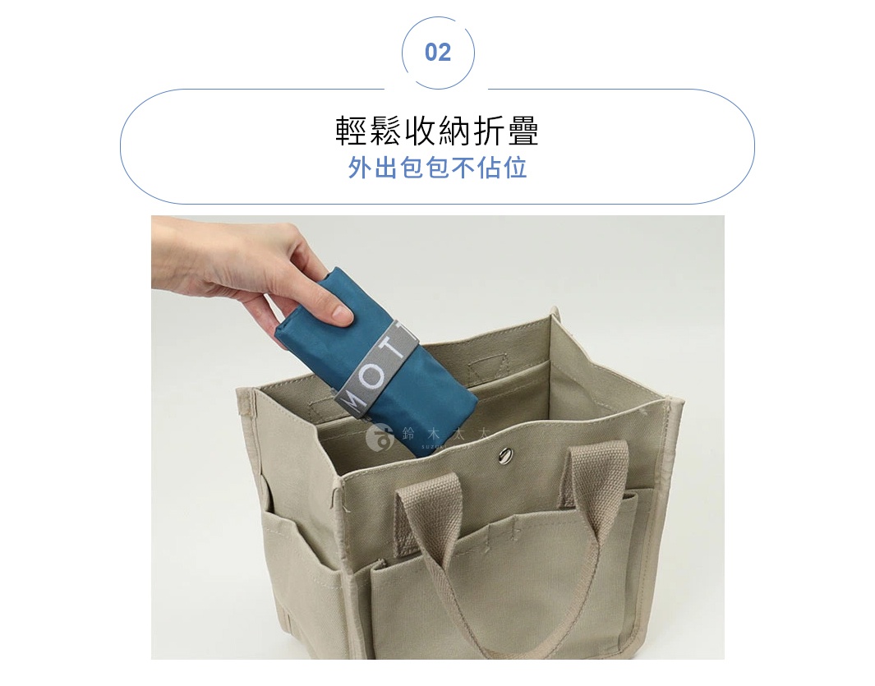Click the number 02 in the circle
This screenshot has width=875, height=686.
(x=438, y=53)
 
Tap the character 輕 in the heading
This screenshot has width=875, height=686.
(x=351, y=131)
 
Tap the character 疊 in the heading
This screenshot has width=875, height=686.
(x=524, y=131)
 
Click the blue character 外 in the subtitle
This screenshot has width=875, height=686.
(x=361, y=168)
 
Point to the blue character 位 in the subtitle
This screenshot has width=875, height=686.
(x=515, y=168)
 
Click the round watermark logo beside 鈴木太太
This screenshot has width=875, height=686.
(x=379, y=437)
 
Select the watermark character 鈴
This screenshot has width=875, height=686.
(x=408, y=434)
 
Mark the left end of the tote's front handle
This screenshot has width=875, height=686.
(x=408, y=500)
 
